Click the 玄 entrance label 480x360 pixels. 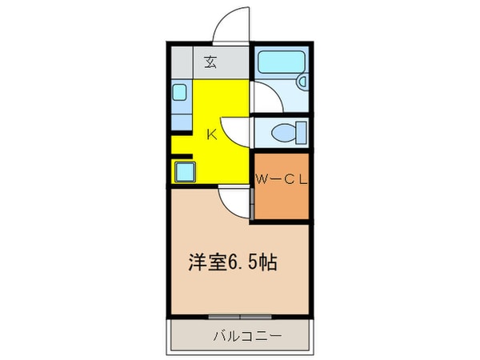click(210, 61)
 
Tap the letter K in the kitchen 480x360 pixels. click(212, 134)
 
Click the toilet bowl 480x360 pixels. click(281, 131)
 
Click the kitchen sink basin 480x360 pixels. click(181, 93)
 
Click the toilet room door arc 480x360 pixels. click(237, 133)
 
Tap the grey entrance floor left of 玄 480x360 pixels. click(184, 61)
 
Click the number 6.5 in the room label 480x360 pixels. click(245, 262)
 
